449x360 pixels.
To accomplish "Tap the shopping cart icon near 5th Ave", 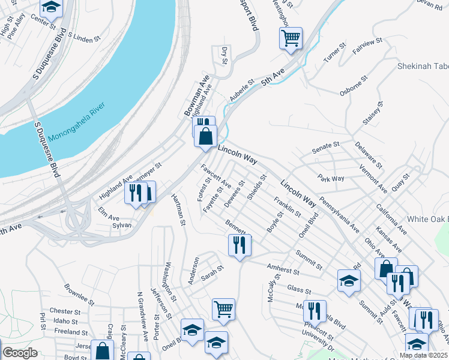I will [x=291, y=38].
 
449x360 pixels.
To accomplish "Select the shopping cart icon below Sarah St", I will [x=223, y=309].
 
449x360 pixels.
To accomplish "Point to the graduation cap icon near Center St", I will [x=52, y=7].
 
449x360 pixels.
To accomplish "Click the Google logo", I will [x=20, y=352].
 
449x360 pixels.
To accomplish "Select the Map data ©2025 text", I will [x=423, y=355].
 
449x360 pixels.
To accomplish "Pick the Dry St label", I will [x=224, y=55].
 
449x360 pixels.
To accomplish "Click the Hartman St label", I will [x=178, y=210].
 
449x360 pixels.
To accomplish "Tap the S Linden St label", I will [x=84, y=38].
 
